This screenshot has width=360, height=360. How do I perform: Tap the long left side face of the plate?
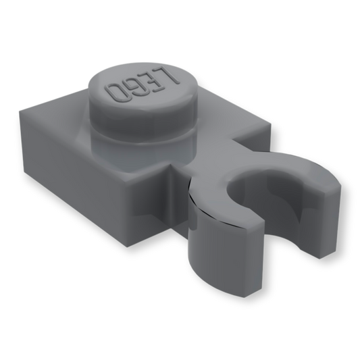(74, 161)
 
